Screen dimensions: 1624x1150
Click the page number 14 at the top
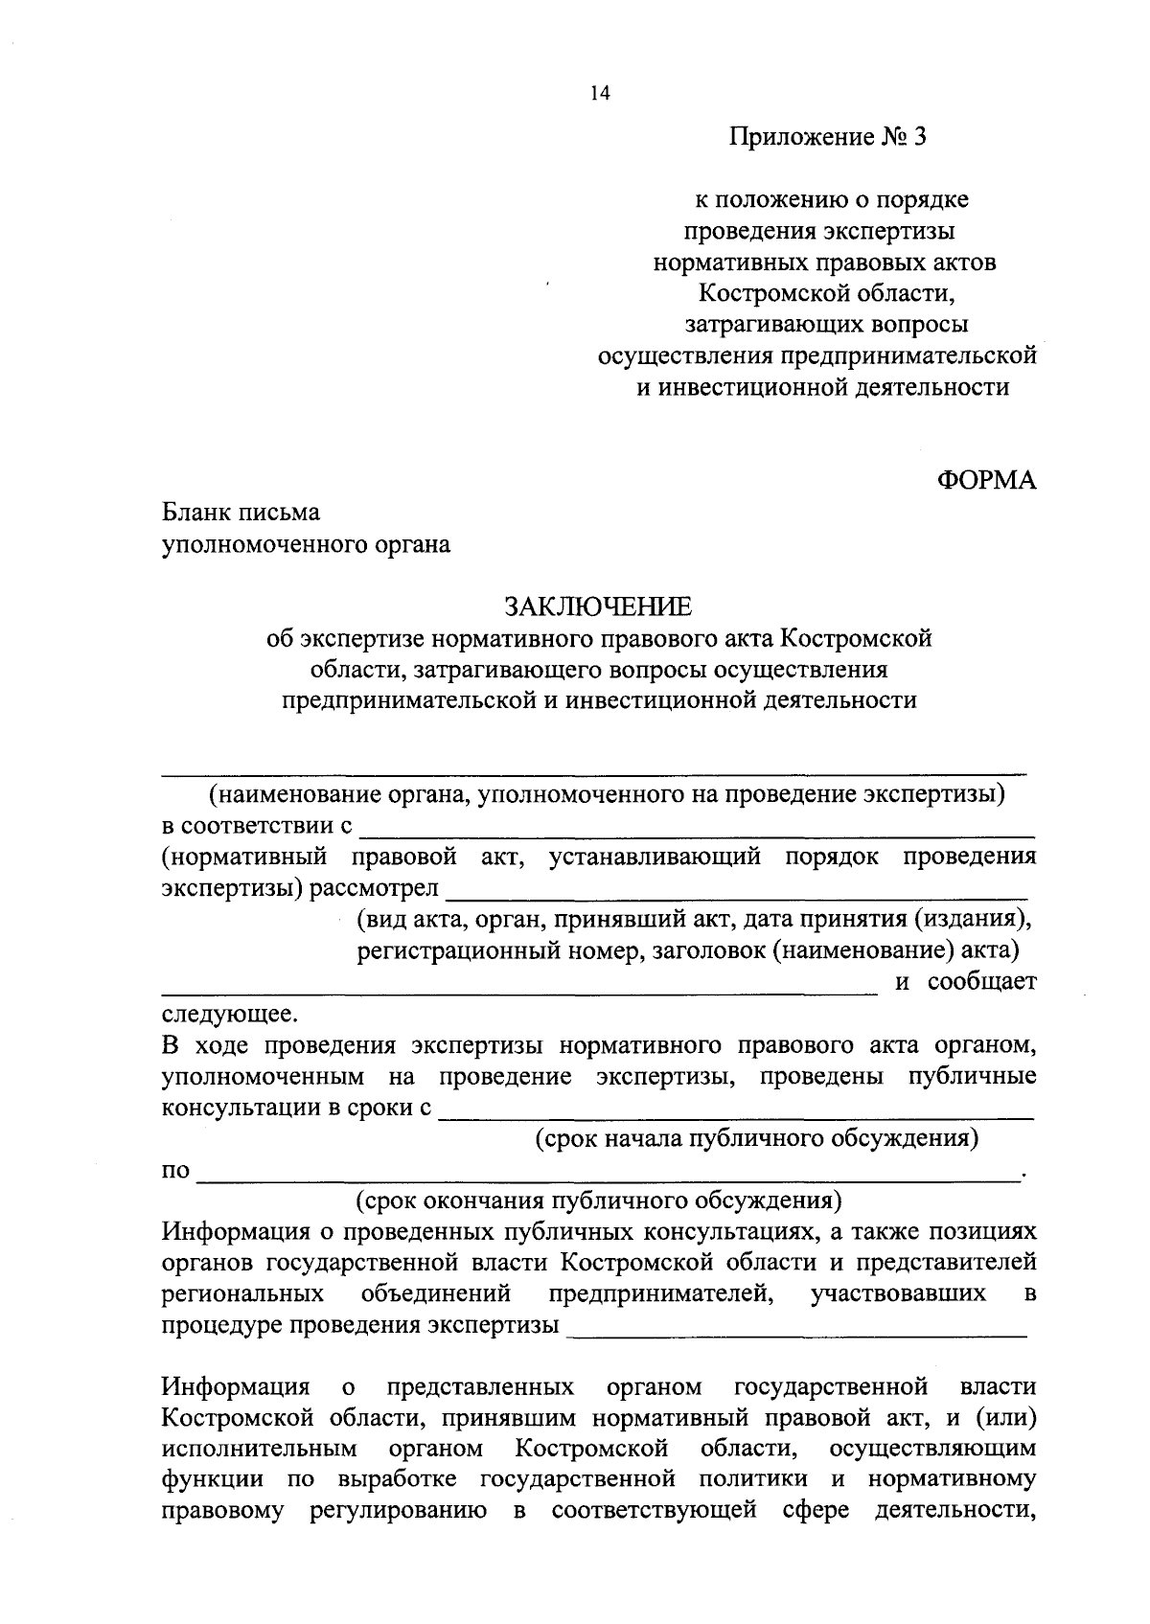click(x=600, y=93)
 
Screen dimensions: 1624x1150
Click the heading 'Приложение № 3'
click(x=830, y=137)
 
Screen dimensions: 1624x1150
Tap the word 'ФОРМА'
click(x=986, y=481)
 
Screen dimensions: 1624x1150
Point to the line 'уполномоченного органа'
click(x=306, y=545)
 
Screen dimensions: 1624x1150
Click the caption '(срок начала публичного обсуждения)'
click(x=757, y=1138)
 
